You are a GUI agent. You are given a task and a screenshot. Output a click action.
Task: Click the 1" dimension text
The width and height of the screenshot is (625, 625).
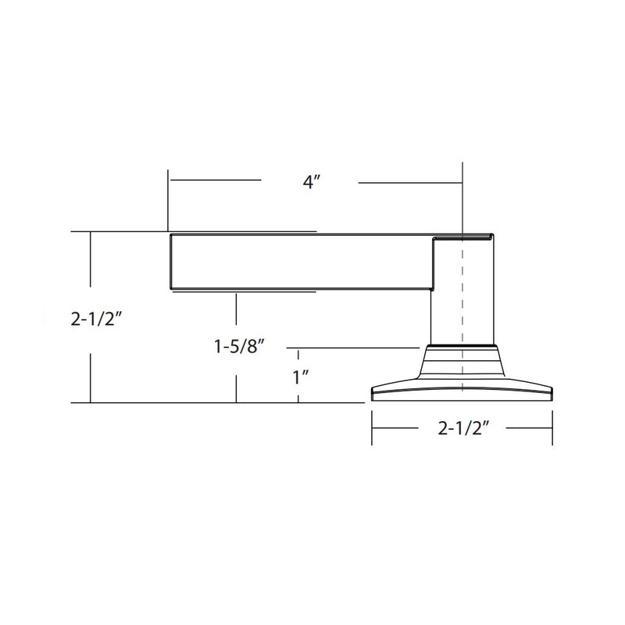(302, 377)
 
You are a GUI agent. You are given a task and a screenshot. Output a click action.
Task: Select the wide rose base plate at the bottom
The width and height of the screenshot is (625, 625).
(462, 391)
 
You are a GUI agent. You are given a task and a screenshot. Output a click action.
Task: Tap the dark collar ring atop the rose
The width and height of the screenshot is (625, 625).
(462, 345)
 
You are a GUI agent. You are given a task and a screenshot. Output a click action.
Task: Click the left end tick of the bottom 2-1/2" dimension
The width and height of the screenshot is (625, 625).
(372, 428)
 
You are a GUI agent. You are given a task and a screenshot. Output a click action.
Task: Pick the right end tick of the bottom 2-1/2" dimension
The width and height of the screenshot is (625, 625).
(553, 428)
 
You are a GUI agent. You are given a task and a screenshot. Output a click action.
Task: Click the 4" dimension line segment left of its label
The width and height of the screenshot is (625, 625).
(215, 180)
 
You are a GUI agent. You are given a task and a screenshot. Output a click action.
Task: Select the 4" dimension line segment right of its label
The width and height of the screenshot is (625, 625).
(410, 183)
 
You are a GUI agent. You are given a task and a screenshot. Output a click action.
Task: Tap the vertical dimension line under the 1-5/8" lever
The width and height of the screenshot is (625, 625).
(235, 312)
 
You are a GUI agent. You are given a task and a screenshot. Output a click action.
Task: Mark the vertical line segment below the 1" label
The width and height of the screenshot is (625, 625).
(298, 395)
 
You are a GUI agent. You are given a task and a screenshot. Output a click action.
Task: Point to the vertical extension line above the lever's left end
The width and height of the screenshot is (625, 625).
(166, 199)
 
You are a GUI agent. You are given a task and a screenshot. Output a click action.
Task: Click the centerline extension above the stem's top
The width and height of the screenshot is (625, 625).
(463, 195)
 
